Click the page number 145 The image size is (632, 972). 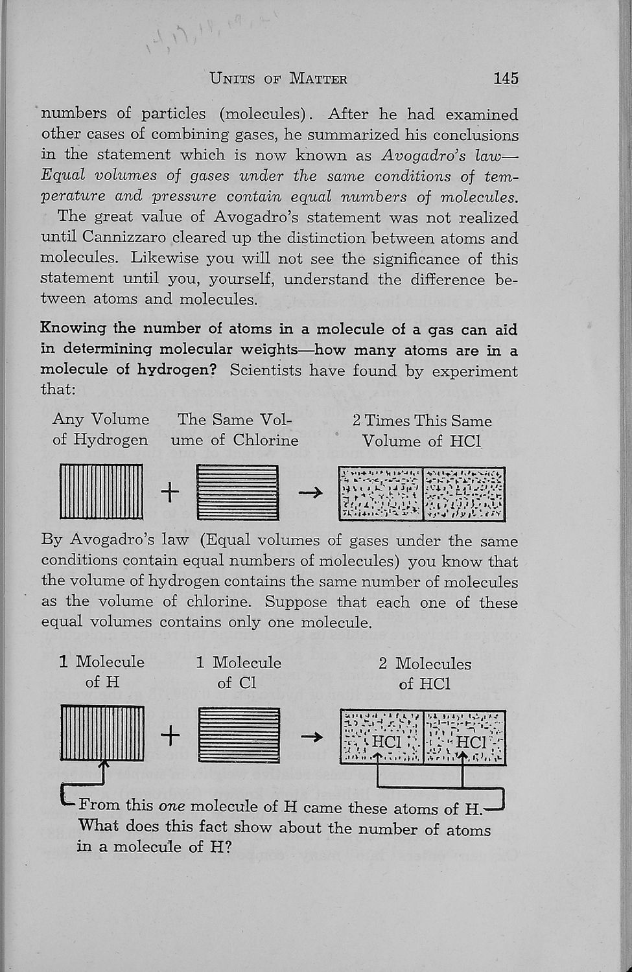pyautogui.click(x=506, y=78)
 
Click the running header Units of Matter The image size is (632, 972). pyautogui.click(x=279, y=79)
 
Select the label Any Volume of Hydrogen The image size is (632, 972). pyautogui.click(x=100, y=430)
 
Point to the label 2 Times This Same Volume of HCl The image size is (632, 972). pyautogui.click(x=422, y=431)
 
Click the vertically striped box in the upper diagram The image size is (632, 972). pyautogui.click(x=102, y=492)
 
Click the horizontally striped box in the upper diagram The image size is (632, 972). pyautogui.click(x=238, y=492)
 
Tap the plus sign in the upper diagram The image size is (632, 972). pyautogui.click(x=170, y=493)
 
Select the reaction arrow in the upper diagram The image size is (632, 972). pyautogui.click(x=310, y=493)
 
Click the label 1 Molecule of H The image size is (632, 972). pyautogui.click(x=102, y=671)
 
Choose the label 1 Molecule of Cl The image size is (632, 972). pyautogui.click(x=238, y=672)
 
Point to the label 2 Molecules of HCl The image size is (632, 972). pyautogui.click(x=425, y=673)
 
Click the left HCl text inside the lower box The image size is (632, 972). pyautogui.click(x=387, y=741)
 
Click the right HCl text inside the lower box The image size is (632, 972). pyautogui.click(x=471, y=741)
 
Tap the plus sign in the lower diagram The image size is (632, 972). pyautogui.click(x=170, y=735)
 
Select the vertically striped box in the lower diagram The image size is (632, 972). pyautogui.click(x=102, y=734)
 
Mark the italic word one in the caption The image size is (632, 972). pyautogui.click(x=172, y=807)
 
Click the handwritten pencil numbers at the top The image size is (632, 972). pyautogui.click(x=215, y=38)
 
